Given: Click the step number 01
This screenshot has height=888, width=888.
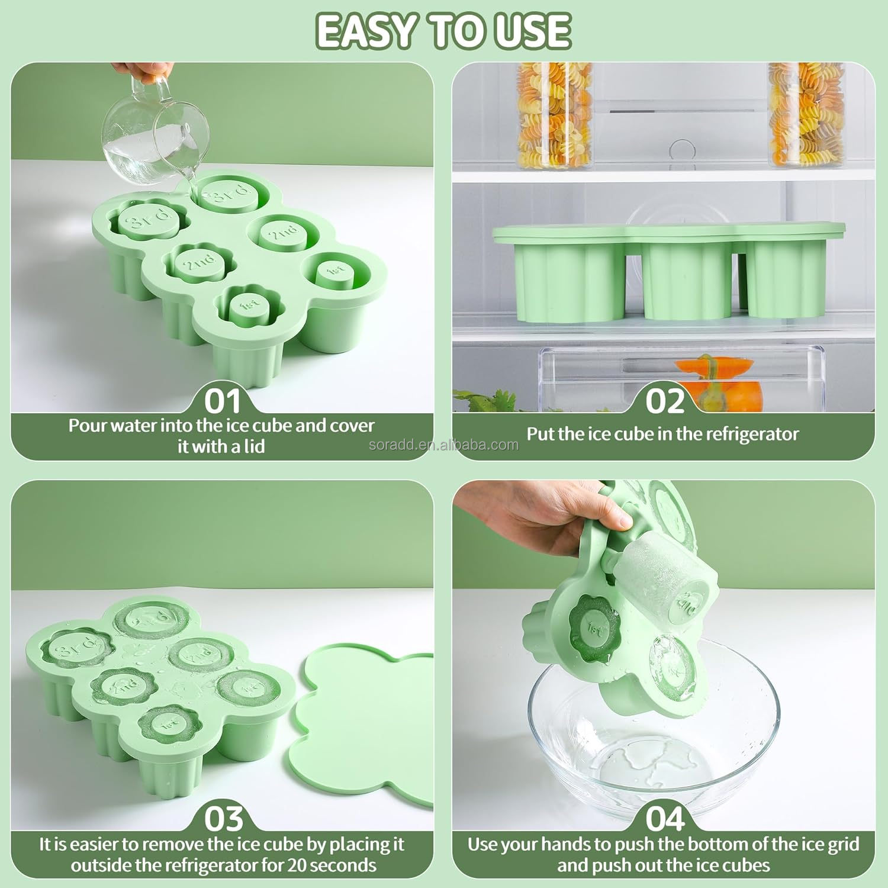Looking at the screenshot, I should coord(223,401).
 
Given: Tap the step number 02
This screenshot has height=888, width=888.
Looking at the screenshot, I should coord(664,401).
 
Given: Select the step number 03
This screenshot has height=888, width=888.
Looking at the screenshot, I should coord(223,819).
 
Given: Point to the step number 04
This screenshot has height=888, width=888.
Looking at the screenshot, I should coord(664,819).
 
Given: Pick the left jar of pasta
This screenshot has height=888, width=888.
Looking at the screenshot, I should coord(546,115).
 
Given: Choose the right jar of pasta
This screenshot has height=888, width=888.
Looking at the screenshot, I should coord(797,115).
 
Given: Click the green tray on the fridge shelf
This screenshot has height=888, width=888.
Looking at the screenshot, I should coord(669,272).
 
